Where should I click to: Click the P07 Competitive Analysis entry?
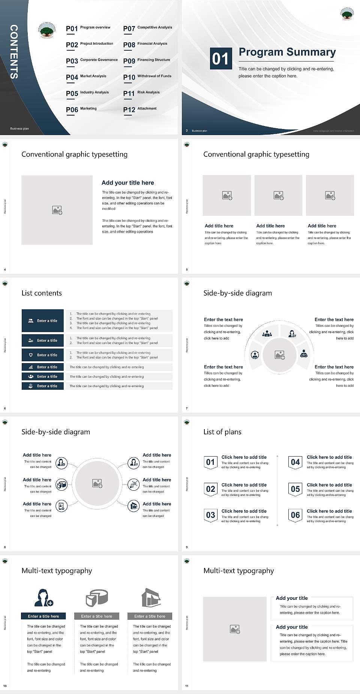point(147,28)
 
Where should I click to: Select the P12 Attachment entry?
point(140,109)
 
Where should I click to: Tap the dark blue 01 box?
point(220,59)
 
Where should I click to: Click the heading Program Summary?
point(287,52)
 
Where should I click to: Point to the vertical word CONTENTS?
point(14,52)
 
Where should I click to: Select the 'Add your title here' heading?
point(127,183)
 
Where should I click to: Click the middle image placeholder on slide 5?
point(278,195)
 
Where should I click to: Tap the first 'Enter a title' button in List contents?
point(43,321)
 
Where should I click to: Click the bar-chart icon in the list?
point(31,367)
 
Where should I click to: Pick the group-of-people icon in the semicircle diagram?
point(267,333)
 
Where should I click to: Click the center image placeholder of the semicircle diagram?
point(279,355)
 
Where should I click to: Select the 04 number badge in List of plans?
point(295,462)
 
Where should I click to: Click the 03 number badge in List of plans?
point(210,515)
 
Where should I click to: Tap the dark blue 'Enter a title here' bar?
point(43,616)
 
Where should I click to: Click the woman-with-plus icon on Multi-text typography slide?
point(43,598)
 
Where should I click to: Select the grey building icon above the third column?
point(151,598)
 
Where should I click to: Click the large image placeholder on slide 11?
point(235,629)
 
